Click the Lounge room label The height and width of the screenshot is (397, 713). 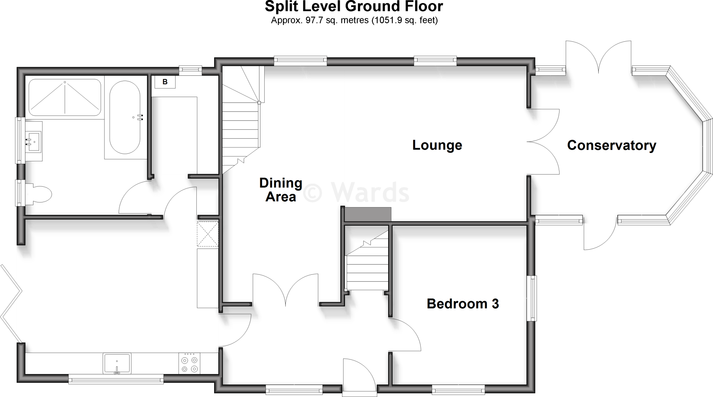[x=437, y=145]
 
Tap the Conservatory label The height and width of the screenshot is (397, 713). [x=611, y=145]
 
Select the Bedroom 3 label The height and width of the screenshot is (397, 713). [x=463, y=303]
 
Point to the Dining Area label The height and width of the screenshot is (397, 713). [x=281, y=189]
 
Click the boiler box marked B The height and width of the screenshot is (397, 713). [x=165, y=82]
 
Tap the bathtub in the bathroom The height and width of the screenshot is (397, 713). [x=125, y=118]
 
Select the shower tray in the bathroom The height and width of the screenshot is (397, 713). [x=65, y=97]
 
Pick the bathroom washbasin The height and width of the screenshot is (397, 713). [x=34, y=141]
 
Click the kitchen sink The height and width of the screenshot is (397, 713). [x=117, y=363]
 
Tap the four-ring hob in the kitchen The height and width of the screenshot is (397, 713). [x=190, y=364]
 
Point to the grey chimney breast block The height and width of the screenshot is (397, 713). [x=368, y=214]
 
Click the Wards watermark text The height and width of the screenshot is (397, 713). [x=356, y=193]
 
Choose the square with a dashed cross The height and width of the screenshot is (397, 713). [x=207, y=234]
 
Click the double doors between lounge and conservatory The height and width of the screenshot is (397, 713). [x=543, y=141]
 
